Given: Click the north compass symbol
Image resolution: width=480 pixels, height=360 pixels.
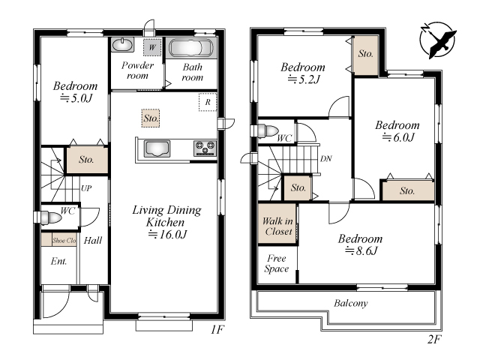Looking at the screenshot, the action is [x=438, y=40].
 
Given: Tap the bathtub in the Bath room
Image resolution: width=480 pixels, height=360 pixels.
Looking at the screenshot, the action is [x=191, y=48].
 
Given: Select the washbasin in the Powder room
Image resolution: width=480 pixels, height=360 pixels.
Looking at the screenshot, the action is [x=123, y=44].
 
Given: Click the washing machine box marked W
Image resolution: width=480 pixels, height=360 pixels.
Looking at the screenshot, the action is [x=152, y=47].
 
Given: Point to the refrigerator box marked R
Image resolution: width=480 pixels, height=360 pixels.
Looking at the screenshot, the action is [x=208, y=102].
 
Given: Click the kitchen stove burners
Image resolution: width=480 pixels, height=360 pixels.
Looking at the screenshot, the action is [x=205, y=148].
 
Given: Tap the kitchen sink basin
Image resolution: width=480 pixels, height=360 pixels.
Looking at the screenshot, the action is [x=157, y=148].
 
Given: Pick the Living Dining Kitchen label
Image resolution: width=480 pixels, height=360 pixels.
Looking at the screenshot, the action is [x=166, y=216].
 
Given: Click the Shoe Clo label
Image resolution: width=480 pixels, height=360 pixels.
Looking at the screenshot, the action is [x=64, y=241].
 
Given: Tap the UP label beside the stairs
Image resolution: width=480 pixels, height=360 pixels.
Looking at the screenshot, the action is [x=86, y=188].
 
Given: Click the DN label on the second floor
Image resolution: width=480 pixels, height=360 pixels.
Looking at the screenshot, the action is [x=326, y=158].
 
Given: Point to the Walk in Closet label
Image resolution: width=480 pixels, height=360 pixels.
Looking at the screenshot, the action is [x=277, y=226].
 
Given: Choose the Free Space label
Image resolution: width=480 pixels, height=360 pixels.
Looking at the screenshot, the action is [x=277, y=263].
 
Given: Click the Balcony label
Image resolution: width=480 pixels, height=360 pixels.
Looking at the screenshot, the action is [x=351, y=303].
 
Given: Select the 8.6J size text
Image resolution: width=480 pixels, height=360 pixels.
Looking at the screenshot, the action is [x=361, y=250].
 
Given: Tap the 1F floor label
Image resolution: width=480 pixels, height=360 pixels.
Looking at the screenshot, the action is [x=217, y=329].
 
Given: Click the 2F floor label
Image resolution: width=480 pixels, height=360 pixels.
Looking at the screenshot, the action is [x=434, y=339].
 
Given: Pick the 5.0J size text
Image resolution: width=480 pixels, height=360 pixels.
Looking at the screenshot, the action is [x=76, y=98].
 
